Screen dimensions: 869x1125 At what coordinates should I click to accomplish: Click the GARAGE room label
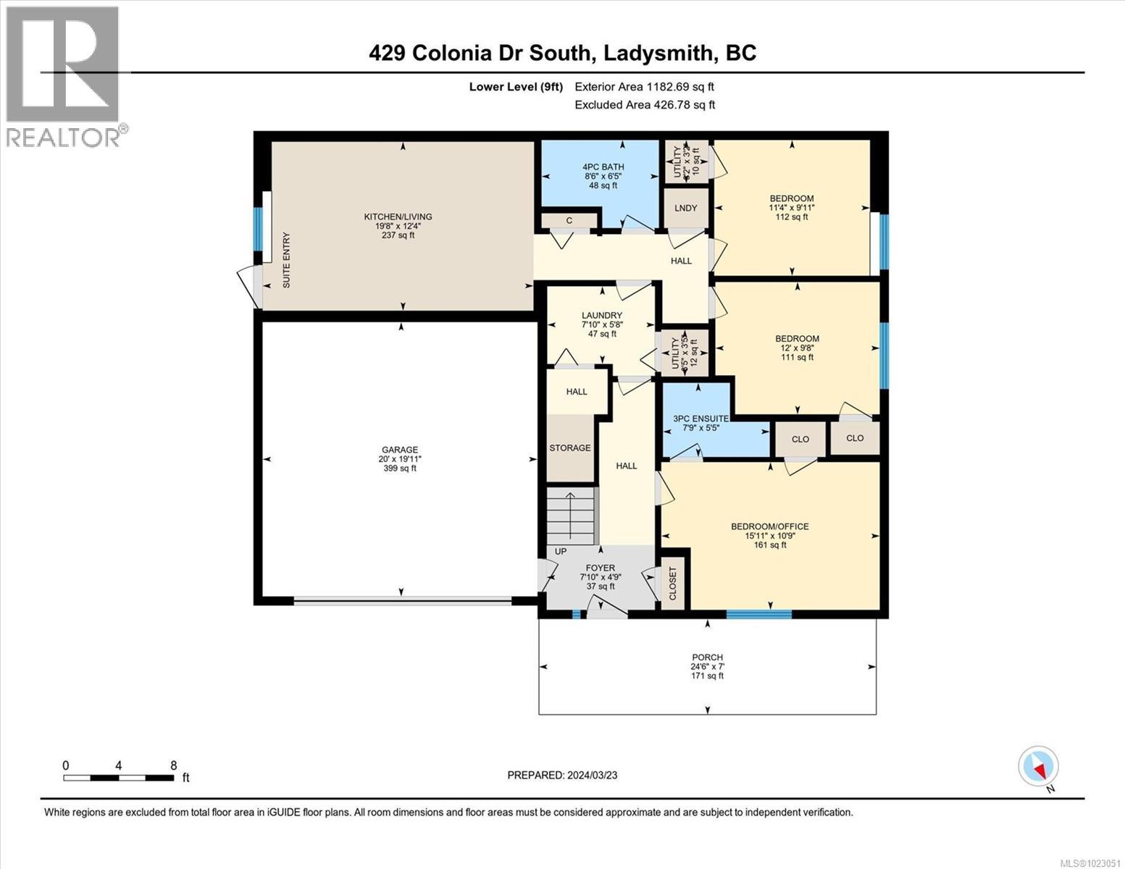(400, 450)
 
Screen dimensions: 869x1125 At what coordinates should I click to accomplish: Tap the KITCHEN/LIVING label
(398, 217)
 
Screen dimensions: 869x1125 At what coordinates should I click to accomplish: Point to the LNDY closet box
(685, 209)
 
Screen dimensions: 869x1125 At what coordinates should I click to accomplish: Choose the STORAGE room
(569, 448)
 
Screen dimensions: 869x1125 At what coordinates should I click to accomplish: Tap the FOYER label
(600, 568)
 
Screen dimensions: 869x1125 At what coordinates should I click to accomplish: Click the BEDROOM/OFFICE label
(769, 526)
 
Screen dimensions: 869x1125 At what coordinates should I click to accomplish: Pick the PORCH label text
(706, 658)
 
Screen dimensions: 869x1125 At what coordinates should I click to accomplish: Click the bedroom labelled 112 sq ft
(791, 207)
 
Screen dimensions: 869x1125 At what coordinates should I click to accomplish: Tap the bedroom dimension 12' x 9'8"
(797, 348)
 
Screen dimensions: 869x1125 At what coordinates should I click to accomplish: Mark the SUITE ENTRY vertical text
(286, 261)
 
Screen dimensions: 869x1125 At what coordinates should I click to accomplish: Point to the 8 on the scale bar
(173, 765)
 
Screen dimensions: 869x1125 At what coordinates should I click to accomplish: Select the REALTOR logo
(63, 76)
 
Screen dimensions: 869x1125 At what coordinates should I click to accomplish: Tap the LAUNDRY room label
(601, 315)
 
